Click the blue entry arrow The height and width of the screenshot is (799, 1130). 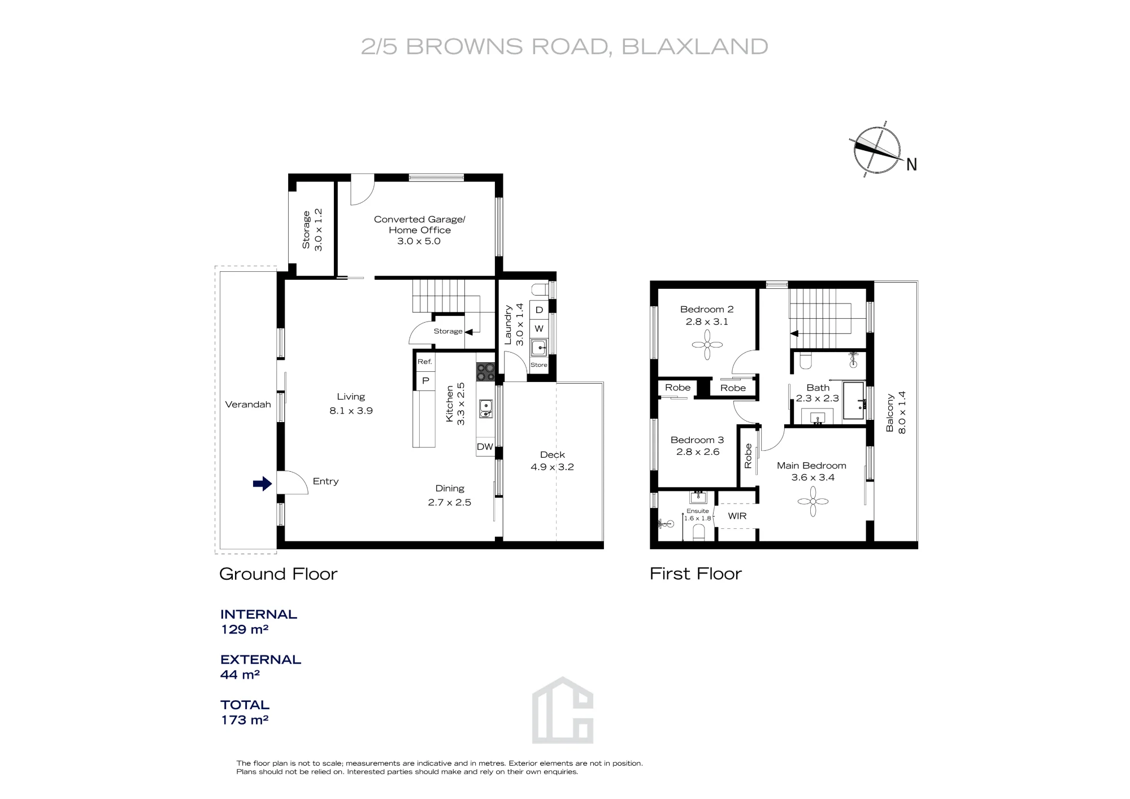point(262,484)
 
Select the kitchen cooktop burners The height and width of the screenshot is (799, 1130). point(485,372)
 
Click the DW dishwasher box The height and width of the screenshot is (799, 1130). point(485,446)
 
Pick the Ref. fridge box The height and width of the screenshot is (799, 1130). point(425,362)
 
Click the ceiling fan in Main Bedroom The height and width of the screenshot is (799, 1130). point(812,501)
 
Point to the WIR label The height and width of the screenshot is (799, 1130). point(737,516)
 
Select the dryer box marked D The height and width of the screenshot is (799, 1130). point(539,310)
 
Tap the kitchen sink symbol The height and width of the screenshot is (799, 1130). point(486,409)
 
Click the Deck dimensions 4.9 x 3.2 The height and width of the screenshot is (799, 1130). point(552,467)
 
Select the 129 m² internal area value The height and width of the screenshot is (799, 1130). point(244,629)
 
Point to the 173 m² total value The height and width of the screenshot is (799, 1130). point(244,720)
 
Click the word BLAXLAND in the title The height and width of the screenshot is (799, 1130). point(695,47)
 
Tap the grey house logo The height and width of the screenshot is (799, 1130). point(563,710)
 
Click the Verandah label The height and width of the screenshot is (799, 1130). point(248,405)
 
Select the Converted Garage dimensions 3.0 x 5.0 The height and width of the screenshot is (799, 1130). point(419,241)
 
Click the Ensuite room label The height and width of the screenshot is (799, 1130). point(698,511)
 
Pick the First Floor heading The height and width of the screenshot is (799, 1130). point(696,574)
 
